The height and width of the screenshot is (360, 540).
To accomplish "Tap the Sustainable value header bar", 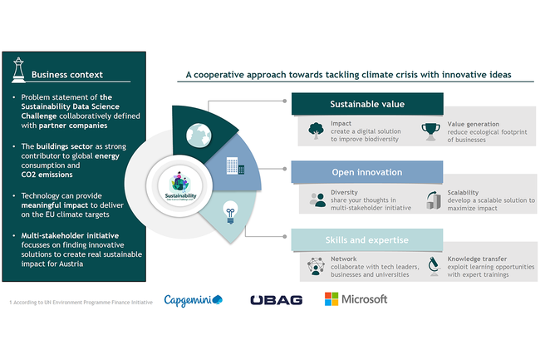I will click(368, 105).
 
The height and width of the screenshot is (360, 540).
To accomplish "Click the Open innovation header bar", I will click(368, 172).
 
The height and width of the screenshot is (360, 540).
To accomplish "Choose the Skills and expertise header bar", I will click(368, 240).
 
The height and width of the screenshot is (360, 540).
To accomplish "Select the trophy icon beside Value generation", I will click(431, 131).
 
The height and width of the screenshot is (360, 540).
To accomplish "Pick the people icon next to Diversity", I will click(317, 199).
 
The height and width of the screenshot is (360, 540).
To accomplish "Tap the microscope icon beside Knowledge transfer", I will click(433, 266).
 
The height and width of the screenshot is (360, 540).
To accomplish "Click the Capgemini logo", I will click(193, 299).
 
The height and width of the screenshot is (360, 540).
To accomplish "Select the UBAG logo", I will click(276, 300).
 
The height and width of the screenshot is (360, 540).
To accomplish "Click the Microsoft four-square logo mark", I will click(331, 299).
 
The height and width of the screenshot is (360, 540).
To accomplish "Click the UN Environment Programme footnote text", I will click(81, 301).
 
